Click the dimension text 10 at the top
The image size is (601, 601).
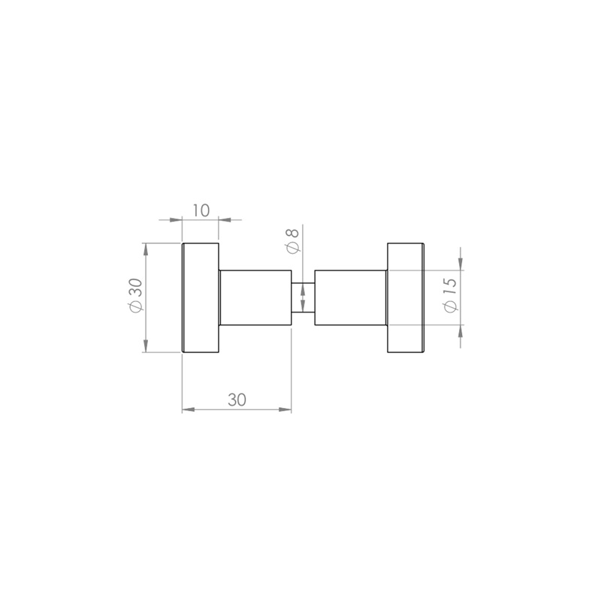(201, 210)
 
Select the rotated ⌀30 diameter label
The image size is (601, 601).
(136, 295)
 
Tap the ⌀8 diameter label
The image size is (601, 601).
(292, 240)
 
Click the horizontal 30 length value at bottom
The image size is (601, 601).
(237, 400)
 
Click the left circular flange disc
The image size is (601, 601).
(201, 297)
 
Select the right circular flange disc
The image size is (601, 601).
(406, 297)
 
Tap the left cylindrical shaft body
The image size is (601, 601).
(255, 297)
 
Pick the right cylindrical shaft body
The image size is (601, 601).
(351, 297)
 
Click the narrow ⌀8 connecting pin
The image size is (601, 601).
(304, 297)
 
